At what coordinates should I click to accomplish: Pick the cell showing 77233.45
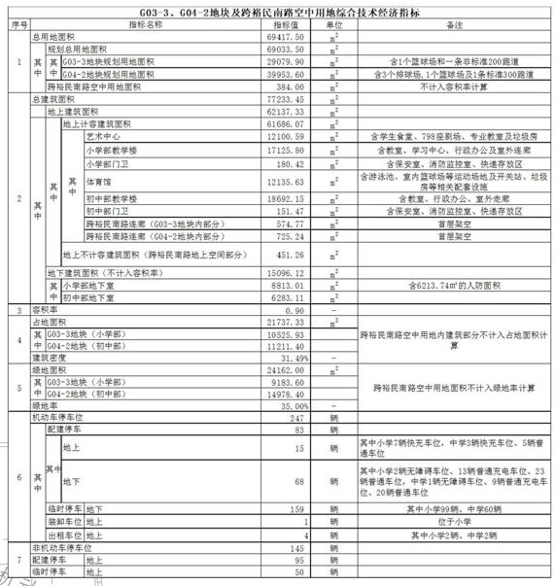click(288, 100)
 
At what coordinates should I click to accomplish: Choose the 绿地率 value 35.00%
click(293, 405)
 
